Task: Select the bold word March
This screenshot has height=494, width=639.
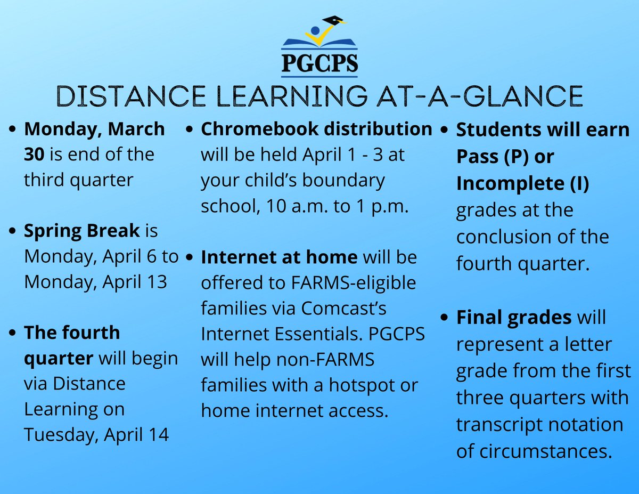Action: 139,129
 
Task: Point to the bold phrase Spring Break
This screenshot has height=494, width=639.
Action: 81,231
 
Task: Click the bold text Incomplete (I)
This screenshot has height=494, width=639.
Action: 522,183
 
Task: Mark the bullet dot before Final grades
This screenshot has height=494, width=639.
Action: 445,318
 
